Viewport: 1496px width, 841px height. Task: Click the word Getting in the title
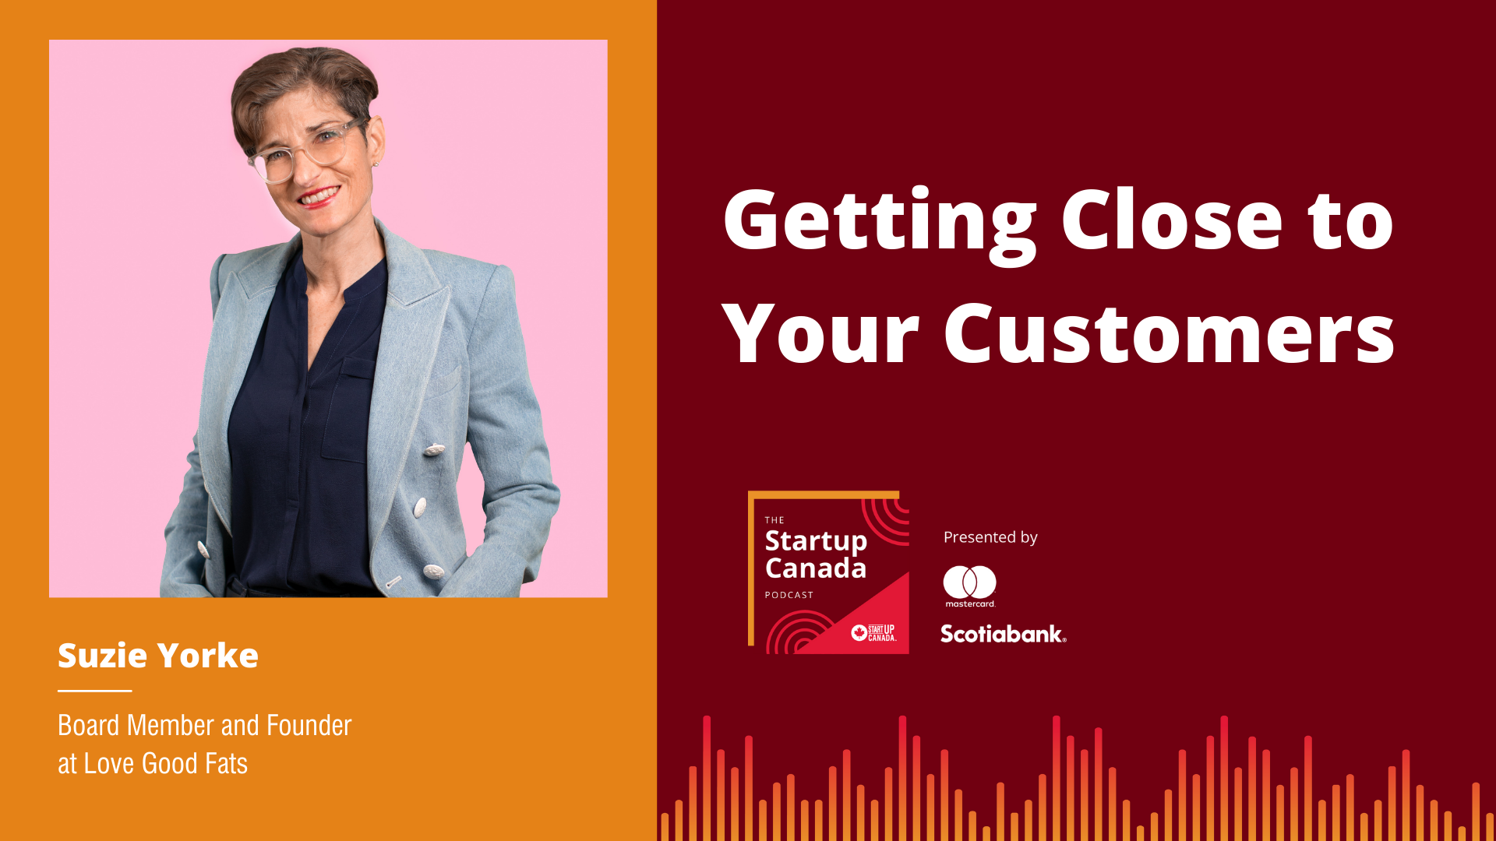(880, 225)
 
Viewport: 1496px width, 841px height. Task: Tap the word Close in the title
(1172, 220)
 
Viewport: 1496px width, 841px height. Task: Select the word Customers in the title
(1169, 333)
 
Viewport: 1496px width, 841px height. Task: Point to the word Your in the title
(821, 333)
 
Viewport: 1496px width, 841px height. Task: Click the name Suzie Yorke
(158, 656)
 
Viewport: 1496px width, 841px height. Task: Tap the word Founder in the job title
(309, 725)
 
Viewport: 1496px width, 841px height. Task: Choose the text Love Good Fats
(166, 763)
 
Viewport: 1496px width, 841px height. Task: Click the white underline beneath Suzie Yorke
(95, 691)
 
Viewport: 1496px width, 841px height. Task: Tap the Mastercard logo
(970, 586)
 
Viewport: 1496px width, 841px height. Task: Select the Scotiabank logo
(1004, 634)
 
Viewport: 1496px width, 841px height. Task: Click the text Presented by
(990, 537)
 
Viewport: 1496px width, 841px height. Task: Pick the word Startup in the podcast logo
(816, 541)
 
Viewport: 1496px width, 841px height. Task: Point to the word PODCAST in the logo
(789, 595)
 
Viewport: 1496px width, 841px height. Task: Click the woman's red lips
(320, 196)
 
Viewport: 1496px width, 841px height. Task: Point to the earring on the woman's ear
(375, 164)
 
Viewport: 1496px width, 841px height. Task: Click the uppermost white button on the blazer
(434, 449)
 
